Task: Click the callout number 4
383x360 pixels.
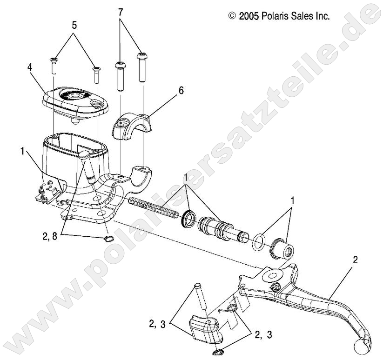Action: [30, 67]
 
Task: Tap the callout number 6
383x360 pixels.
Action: [181, 90]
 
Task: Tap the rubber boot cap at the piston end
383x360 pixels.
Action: [282, 247]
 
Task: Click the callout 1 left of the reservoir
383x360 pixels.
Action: [23, 151]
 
